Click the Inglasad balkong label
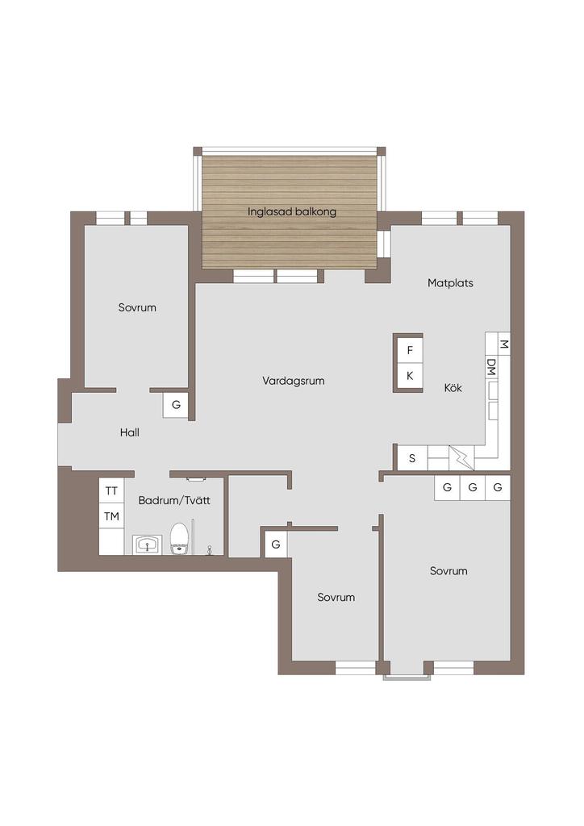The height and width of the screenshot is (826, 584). (292, 212)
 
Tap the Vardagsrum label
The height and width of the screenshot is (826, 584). (294, 381)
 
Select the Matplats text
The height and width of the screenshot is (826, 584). (450, 283)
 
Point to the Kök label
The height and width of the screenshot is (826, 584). (453, 388)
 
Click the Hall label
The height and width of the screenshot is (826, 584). (130, 432)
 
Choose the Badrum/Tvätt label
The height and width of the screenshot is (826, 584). (174, 500)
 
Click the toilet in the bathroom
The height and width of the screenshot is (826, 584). (179, 538)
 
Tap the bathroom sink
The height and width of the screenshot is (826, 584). (147, 544)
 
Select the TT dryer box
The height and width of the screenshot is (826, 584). (111, 490)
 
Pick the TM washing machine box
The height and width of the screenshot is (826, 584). (111, 516)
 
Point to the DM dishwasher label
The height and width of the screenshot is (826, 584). (491, 367)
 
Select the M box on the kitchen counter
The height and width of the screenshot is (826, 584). (503, 344)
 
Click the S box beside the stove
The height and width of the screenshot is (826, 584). (412, 458)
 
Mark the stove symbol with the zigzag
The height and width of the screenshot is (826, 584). (461, 458)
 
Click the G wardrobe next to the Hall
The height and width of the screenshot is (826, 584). (176, 405)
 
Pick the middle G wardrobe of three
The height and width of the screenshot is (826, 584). (473, 488)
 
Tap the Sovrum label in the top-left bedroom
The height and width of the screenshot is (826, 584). (137, 307)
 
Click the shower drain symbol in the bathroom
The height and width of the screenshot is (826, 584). (210, 550)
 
